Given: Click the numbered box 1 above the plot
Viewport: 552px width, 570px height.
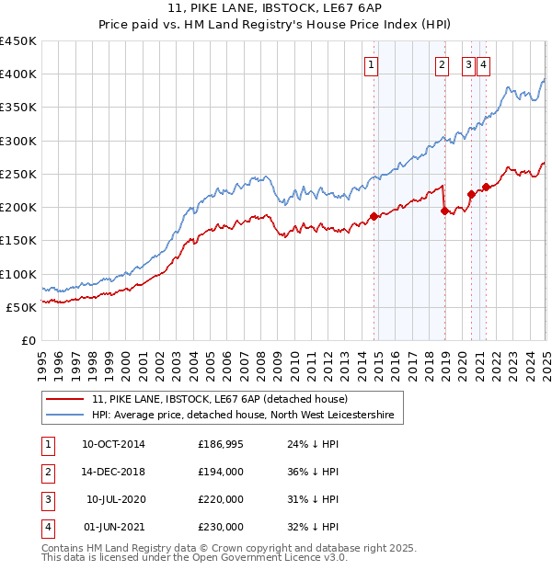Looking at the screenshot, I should (x=371, y=64).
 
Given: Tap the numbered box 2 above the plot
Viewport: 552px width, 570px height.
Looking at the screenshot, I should (x=442, y=64).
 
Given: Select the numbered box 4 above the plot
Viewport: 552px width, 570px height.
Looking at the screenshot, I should (x=483, y=64).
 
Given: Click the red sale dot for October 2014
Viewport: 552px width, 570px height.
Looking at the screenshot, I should (x=374, y=216).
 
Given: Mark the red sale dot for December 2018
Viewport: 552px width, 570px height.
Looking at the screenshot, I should (x=445, y=211).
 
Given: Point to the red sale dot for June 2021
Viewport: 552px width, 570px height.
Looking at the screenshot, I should (x=486, y=188).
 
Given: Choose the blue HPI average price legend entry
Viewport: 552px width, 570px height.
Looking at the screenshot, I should (x=242, y=416).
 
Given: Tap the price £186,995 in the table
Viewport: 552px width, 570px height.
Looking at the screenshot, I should (x=221, y=444).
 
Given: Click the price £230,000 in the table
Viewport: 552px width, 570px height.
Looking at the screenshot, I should (x=221, y=527).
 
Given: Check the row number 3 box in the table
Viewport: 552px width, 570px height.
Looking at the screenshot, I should (x=46, y=499).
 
